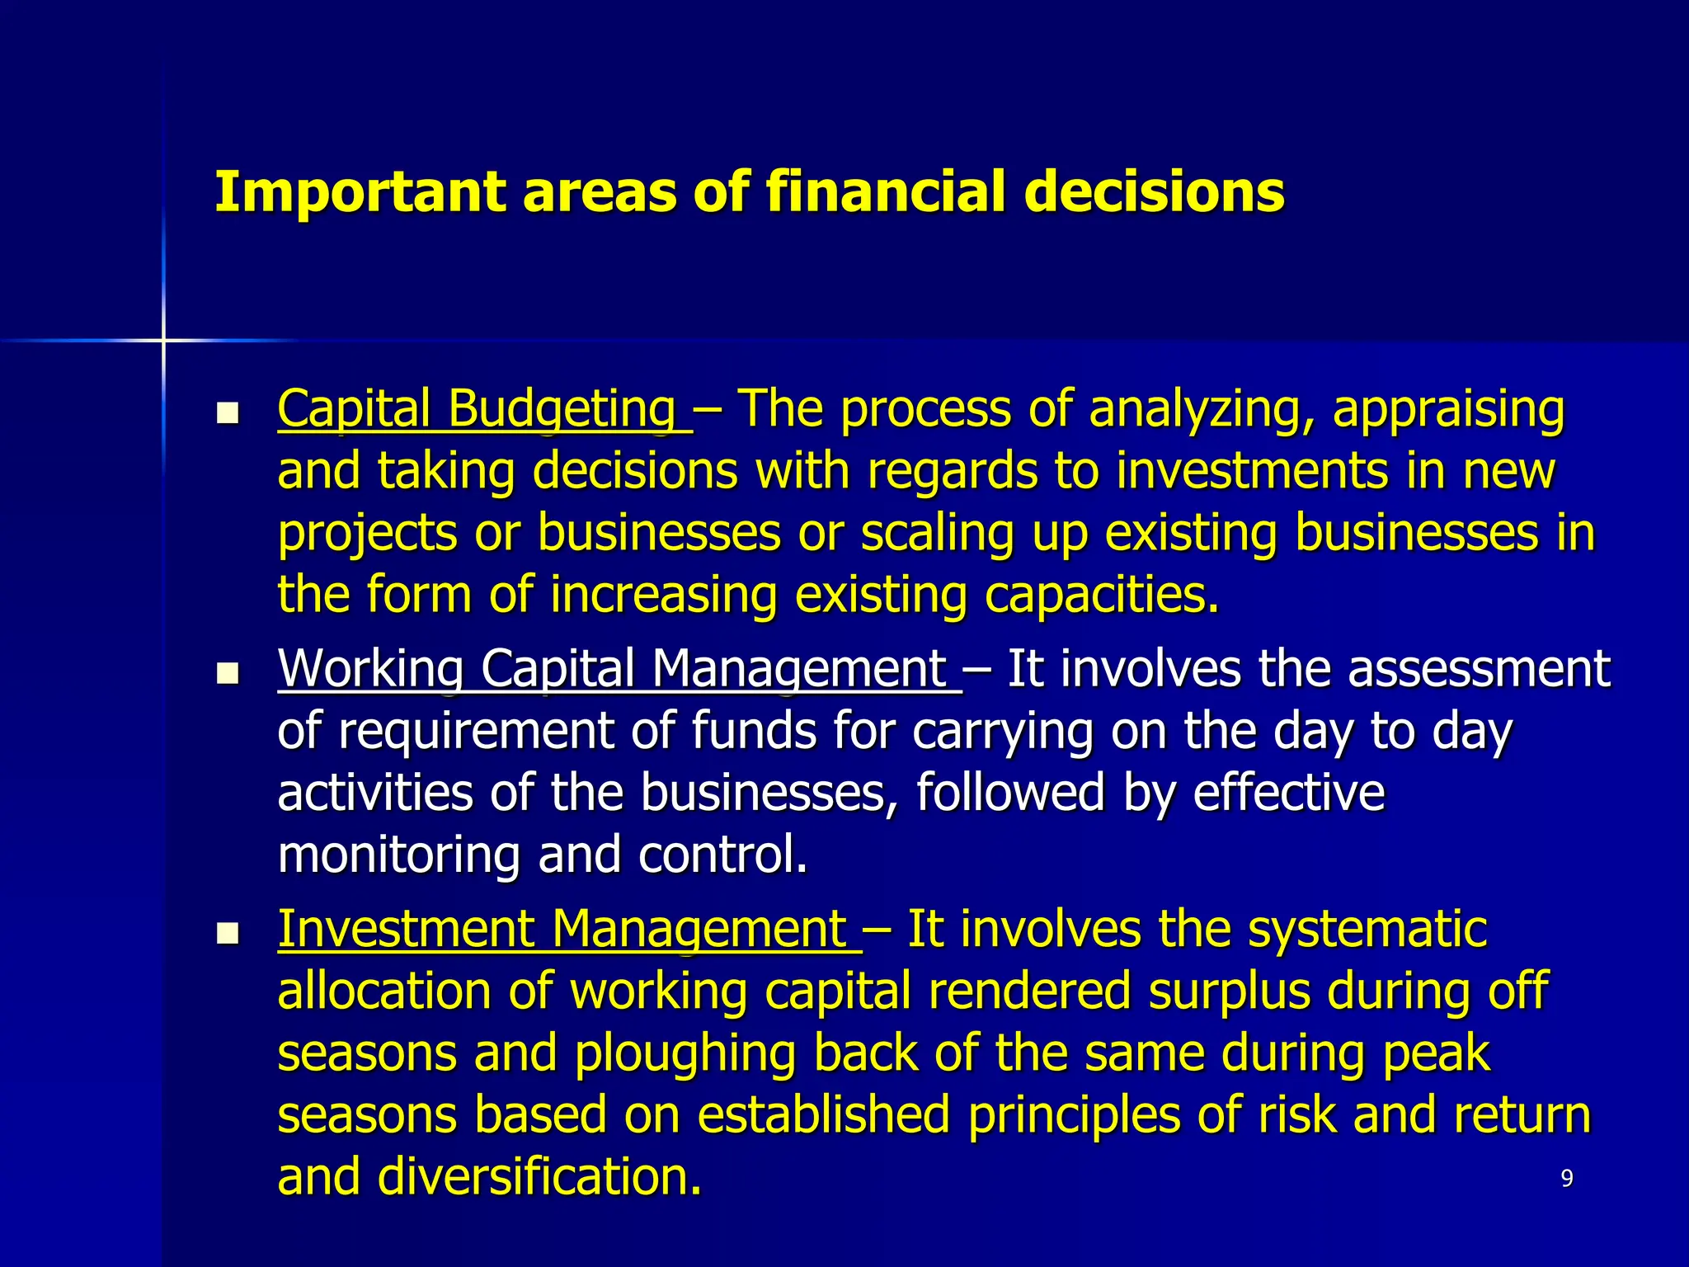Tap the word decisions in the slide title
click(x=1154, y=192)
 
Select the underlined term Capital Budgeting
click(x=477, y=408)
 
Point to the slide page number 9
click(x=1567, y=1179)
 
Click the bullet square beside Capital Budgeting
click(x=227, y=412)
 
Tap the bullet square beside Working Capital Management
click(x=227, y=673)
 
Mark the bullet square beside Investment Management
click(x=227, y=933)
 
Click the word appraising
click(x=1448, y=410)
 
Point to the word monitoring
click(x=398, y=855)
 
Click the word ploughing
click(x=685, y=1054)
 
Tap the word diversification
click(x=539, y=1177)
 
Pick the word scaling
click(x=938, y=534)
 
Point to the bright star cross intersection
click(x=163, y=340)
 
